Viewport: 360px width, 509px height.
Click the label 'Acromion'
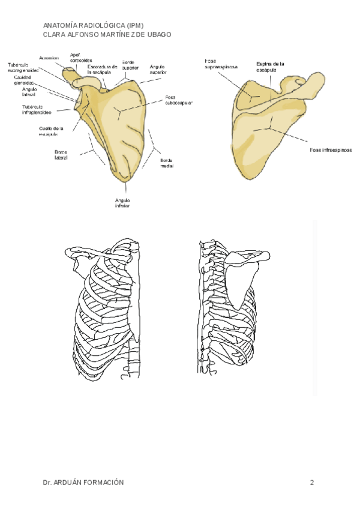49,58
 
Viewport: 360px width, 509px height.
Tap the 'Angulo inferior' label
123,203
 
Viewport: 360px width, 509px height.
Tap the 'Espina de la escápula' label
270,66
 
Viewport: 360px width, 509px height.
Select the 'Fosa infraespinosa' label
331,149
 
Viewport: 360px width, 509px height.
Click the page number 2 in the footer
312,483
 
